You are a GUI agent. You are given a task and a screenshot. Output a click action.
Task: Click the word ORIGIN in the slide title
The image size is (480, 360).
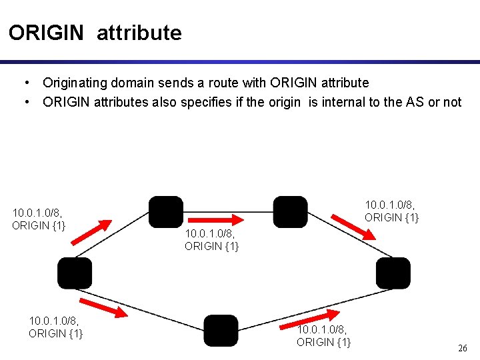click(47, 33)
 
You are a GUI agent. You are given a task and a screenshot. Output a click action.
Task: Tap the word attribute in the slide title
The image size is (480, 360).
click(139, 33)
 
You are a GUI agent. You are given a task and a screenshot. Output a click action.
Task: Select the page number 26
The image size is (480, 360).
click(463, 348)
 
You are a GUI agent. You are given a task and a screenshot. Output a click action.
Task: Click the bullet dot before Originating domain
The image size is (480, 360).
click(25, 83)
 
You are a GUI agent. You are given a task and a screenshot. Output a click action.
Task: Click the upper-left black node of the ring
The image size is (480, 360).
click(165, 211)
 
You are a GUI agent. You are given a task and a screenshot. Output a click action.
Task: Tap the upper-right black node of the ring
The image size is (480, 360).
click(290, 211)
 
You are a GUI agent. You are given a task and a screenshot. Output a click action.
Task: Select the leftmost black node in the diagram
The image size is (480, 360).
click(74, 273)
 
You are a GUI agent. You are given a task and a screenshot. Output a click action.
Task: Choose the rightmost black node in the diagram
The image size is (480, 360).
click(393, 273)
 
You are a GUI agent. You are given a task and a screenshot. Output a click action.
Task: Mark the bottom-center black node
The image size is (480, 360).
click(221, 331)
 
